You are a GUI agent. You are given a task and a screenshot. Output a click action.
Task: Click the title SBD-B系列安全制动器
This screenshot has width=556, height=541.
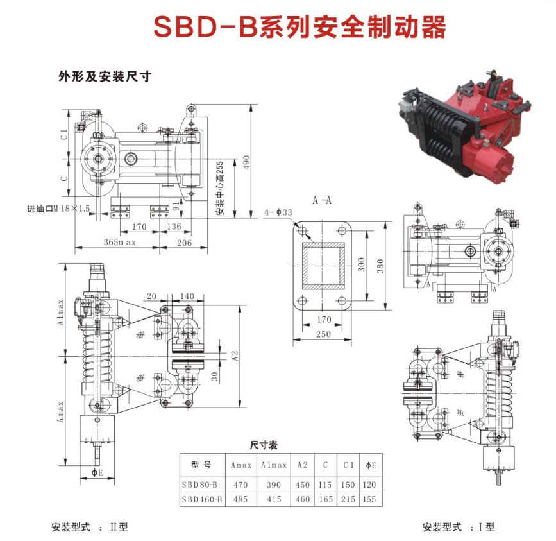tap(299, 27)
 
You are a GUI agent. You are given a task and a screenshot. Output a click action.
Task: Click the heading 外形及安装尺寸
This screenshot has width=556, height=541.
tap(105, 76)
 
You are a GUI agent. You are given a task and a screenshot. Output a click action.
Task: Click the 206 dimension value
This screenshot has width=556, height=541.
tap(184, 243)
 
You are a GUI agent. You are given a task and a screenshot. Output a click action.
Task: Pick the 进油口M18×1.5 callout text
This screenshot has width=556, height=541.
tap(58, 209)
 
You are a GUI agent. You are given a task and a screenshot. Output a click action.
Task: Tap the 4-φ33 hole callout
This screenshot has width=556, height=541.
tap(278, 212)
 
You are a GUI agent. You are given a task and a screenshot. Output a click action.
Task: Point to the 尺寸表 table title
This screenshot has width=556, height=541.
tap(264, 445)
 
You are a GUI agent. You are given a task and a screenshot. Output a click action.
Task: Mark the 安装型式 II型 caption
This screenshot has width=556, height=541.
tap(90, 528)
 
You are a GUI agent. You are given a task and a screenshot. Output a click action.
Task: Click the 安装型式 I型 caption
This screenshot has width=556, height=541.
tap(459, 528)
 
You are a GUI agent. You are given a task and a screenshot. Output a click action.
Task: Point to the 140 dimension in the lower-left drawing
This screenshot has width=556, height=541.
tap(187, 296)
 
